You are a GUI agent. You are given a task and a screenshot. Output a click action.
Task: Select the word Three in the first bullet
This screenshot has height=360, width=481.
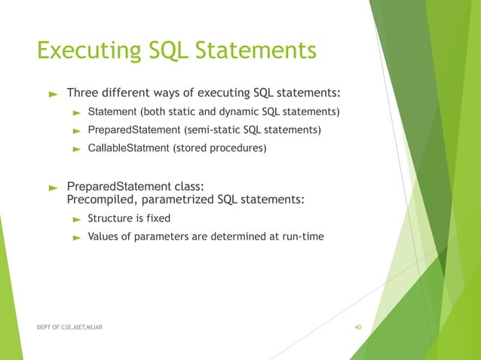click(x=83, y=93)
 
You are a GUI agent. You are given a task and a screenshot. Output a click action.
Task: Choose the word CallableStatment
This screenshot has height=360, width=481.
click(x=129, y=148)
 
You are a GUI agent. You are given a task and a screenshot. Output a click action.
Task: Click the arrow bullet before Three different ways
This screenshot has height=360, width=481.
click(x=53, y=94)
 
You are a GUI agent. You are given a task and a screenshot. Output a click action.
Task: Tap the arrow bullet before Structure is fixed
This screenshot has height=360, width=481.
click(x=76, y=219)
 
